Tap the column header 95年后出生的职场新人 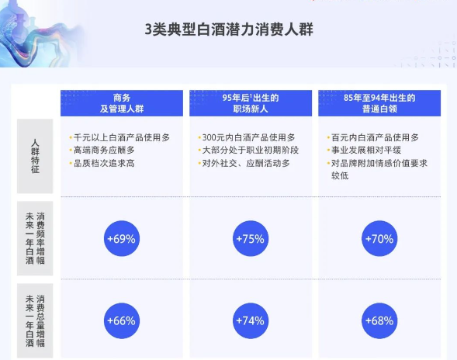pyautogui.click(x=250, y=104)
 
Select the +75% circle pyautogui.click(x=250, y=238)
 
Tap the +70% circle pyautogui.click(x=379, y=238)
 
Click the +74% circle pyautogui.click(x=250, y=320)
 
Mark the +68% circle pyautogui.click(x=379, y=320)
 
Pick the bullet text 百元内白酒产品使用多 pyautogui.click(x=379, y=137)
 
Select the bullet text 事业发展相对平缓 pyautogui.click(x=368, y=150)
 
